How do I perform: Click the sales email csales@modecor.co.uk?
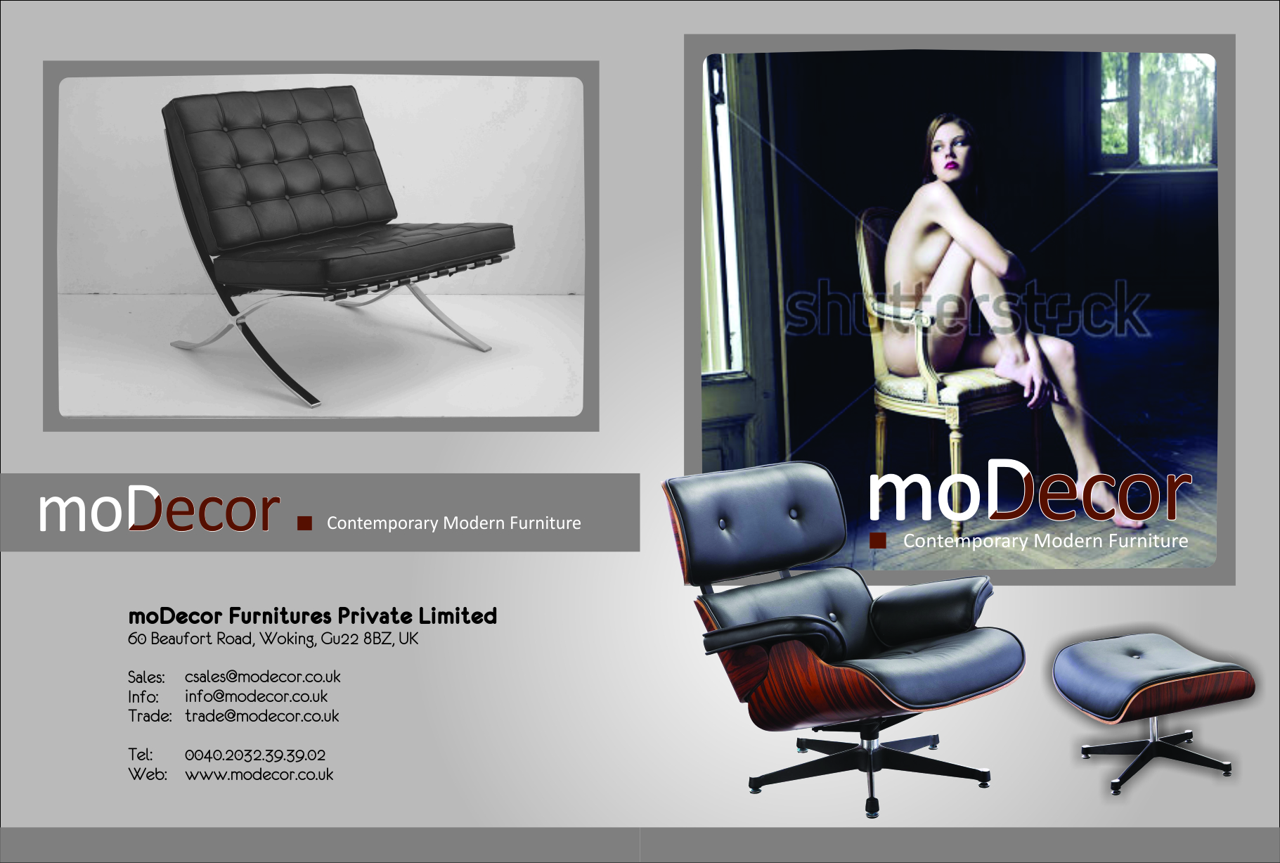click(x=262, y=677)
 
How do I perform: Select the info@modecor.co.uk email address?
click(x=256, y=696)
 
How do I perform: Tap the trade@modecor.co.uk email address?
click(x=261, y=716)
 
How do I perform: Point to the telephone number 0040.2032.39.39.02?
click(x=255, y=755)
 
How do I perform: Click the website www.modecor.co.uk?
click(x=259, y=775)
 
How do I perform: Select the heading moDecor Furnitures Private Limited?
click(x=312, y=616)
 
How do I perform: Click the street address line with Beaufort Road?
click(x=273, y=639)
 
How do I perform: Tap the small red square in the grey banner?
click(x=304, y=523)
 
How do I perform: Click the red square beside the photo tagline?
click(x=877, y=540)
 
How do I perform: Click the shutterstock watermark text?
click(x=967, y=309)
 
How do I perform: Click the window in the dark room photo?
click(x=1157, y=110)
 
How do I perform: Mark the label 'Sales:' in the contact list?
click(x=146, y=677)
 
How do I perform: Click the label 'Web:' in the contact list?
click(x=148, y=775)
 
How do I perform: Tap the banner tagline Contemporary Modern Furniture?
click(x=454, y=523)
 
